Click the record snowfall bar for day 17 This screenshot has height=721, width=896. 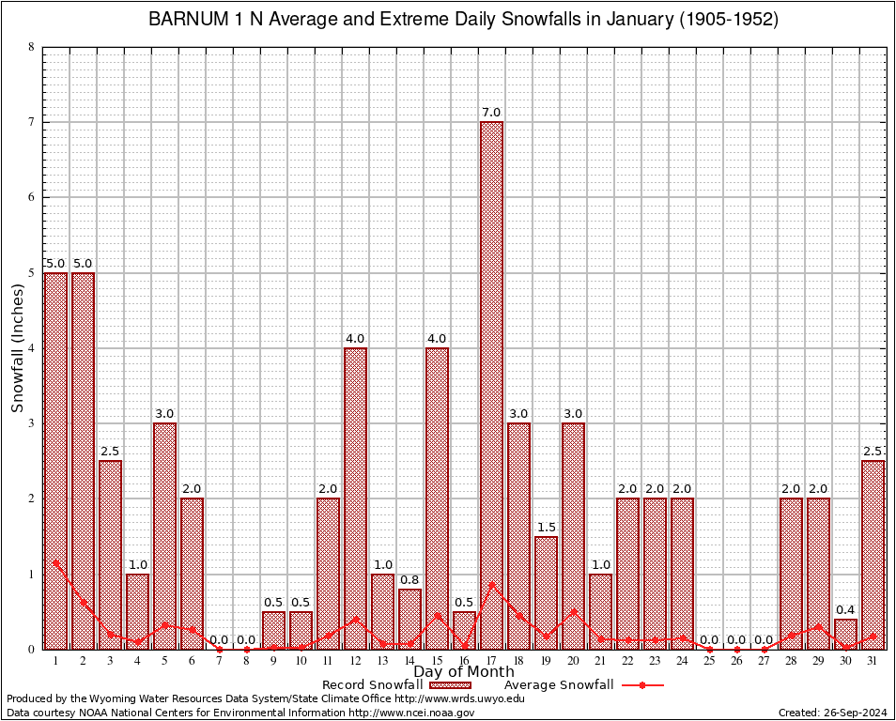[x=491, y=385]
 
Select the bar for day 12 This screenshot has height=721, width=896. [x=355, y=498]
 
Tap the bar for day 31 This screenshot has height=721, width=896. [x=873, y=554]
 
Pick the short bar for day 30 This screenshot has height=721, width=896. [x=845, y=634]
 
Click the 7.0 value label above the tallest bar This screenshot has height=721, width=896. [x=491, y=113]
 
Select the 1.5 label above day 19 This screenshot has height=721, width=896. [x=546, y=527]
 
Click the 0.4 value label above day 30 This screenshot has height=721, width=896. [x=845, y=609]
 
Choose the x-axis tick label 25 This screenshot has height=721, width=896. [x=709, y=661]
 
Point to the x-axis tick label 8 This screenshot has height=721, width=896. [x=246, y=661]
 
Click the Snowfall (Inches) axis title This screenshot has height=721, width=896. [x=17, y=347]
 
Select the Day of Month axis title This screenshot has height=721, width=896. [x=464, y=672]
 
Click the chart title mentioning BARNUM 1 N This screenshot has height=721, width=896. [x=464, y=20]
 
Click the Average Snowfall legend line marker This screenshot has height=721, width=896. [x=641, y=685]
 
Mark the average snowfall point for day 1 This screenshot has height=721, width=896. [x=56, y=562]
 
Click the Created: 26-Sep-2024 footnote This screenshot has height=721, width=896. [x=833, y=713]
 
